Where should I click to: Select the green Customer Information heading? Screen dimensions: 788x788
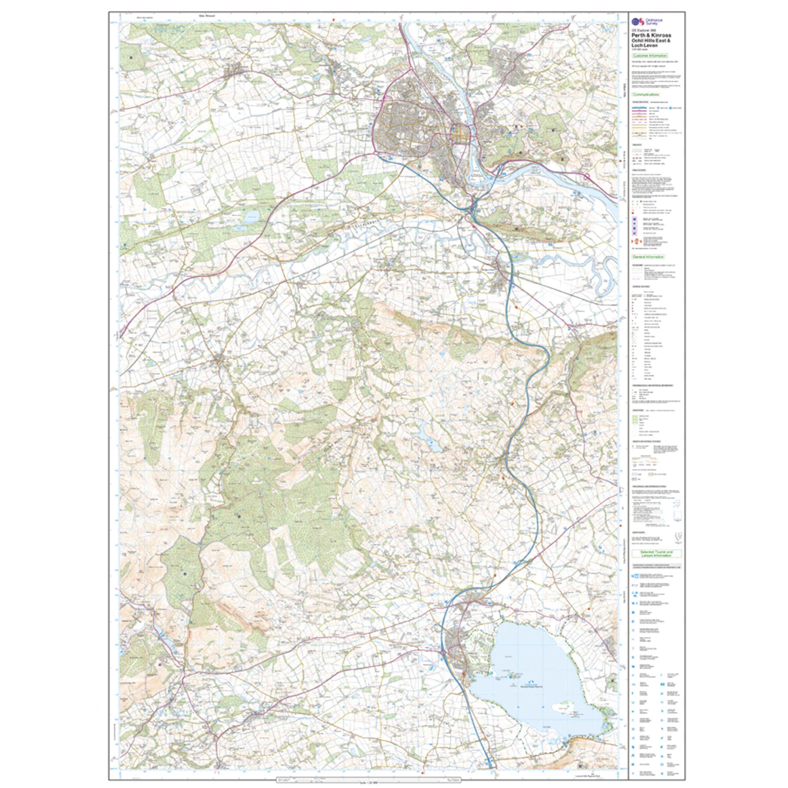point(650,55)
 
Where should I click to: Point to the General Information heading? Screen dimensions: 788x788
point(648,257)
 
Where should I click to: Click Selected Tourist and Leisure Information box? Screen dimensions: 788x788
point(651,553)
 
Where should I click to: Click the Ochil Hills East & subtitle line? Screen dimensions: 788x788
point(651,41)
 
